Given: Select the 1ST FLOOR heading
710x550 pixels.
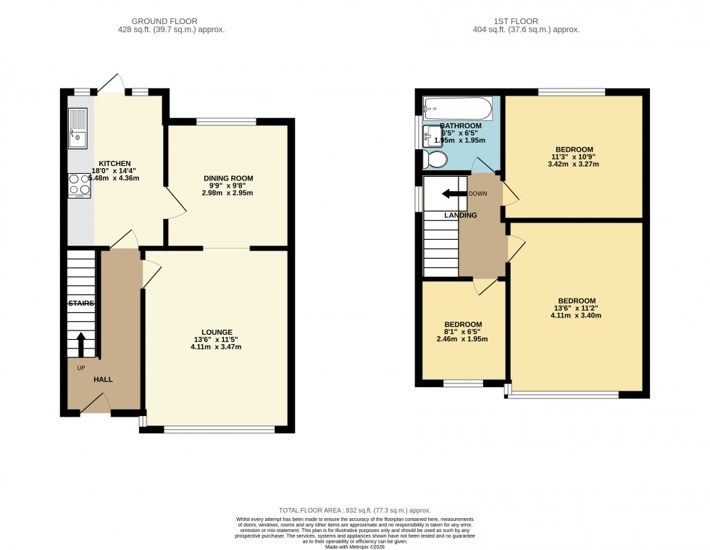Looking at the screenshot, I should (525, 21).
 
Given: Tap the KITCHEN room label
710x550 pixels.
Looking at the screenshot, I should (114, 163).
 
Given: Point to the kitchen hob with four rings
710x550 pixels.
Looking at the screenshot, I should (79, 186).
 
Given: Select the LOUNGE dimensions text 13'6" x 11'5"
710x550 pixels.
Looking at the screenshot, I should (216, 339).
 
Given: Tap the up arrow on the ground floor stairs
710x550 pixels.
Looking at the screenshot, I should (80, 345).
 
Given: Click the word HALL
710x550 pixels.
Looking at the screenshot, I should (103, 379).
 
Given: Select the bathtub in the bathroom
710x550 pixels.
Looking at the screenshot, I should (457, 109).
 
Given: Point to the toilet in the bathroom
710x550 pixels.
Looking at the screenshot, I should (436, 159).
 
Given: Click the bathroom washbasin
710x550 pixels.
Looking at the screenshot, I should (430, 135).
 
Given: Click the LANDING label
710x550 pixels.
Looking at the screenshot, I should (460, 215).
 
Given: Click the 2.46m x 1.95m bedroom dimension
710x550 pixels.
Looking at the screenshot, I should (463, 339).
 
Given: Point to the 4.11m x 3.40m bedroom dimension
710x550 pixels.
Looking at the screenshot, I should (577, 315).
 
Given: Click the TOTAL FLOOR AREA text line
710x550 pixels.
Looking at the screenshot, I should (354, 511).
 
